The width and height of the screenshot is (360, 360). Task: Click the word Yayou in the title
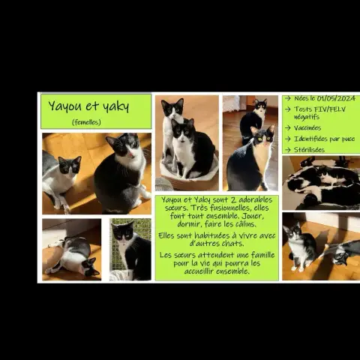65,106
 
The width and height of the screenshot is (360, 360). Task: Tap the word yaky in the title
116,106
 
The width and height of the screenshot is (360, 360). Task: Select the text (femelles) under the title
86,122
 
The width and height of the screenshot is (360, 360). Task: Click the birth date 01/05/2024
336,98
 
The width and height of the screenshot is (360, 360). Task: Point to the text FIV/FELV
330,109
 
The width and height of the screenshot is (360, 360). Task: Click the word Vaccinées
307,128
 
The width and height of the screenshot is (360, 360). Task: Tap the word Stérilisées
309,150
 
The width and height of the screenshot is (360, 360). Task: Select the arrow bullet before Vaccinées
288,128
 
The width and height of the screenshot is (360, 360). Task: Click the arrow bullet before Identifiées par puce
288,139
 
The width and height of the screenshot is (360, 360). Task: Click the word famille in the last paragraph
262,255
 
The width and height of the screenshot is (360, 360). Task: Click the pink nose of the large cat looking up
132,155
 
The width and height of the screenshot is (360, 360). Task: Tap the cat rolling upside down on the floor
73,257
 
